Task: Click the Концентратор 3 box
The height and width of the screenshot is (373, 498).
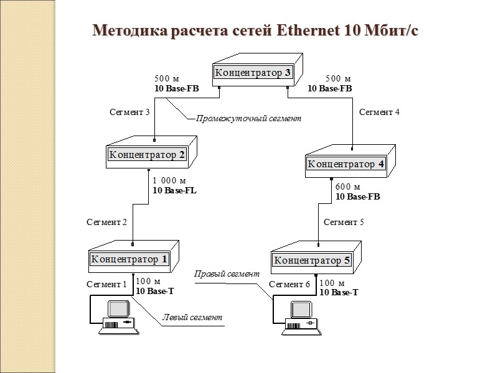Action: (x=253, y=73)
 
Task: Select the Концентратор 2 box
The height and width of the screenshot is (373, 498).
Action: (x=148, y=155)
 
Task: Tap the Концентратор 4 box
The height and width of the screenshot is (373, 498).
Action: (x=347, y=164)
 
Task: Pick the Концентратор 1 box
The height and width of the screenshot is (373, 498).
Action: (x=129, y=259)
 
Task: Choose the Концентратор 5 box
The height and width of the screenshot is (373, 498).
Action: (x=312, y=260)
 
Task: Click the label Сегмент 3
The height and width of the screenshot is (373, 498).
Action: (x=129, y=113)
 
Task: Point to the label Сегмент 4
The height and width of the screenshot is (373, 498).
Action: (x=379, y=113)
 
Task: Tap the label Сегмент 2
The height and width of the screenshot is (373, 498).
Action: (x=106, y=222)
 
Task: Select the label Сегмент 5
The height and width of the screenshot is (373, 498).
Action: (x=344, y=222)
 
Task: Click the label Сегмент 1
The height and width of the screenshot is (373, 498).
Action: (x=106, y=284)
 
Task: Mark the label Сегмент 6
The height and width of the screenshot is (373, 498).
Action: (x=289, y=284)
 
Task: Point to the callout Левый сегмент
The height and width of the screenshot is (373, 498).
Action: (x=192, y=317)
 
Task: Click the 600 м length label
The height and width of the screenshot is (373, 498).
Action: (x=348, y=186)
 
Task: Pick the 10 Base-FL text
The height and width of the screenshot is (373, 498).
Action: (x=174, y=191)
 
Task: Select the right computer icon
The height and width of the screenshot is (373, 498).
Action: (x=301, y=316)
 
